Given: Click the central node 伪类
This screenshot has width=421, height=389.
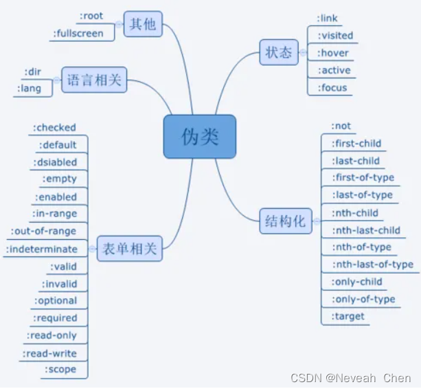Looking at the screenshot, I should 200,137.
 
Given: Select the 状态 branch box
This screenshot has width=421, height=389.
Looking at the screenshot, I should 279,52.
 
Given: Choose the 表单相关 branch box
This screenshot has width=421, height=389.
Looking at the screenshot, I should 127,248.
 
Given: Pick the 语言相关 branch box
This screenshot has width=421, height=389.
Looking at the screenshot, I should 94,80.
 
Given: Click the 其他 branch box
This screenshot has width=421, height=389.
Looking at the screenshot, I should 143,25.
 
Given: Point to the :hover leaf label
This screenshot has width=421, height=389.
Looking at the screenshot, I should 334,53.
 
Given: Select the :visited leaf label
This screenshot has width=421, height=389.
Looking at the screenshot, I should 336,35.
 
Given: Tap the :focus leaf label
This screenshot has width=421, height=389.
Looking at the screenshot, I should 333,87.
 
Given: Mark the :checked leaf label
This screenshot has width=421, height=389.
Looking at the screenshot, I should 55,127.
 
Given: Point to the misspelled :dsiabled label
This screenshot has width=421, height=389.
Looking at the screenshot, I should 55,162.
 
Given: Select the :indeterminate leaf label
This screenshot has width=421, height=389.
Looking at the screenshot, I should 42,249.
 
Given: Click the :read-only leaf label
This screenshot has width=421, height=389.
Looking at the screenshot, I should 52,335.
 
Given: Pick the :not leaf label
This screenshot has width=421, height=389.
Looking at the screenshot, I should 341,126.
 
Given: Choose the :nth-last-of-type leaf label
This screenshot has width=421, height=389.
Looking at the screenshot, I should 373,264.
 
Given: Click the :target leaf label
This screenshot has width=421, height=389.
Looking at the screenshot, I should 348,316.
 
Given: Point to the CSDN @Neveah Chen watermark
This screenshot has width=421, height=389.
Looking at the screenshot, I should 351,377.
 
